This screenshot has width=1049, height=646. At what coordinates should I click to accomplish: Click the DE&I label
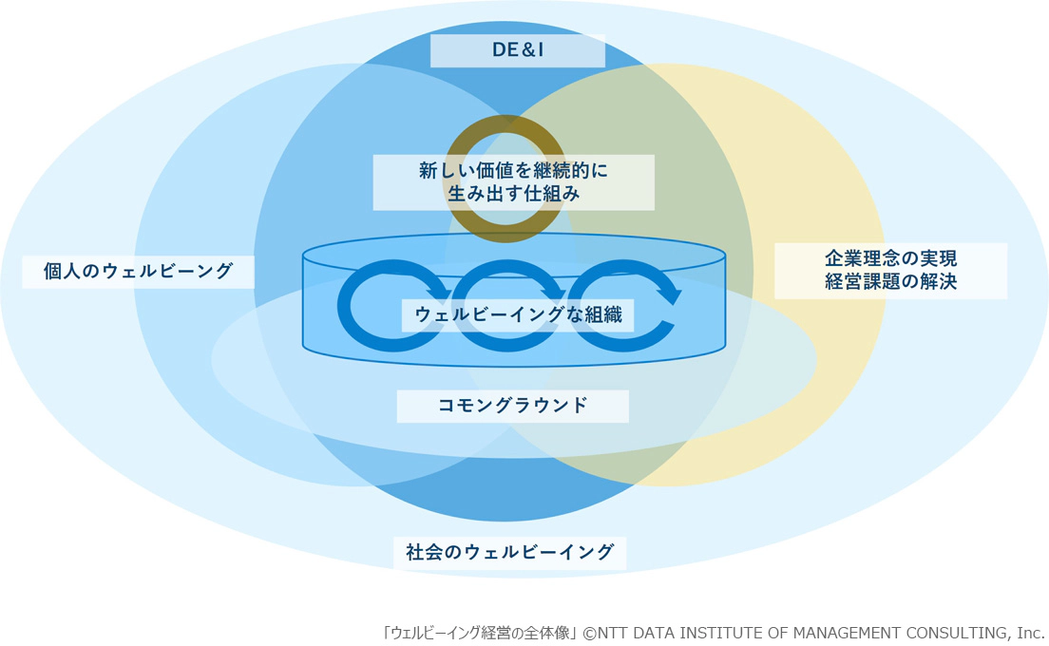tap(518, 50)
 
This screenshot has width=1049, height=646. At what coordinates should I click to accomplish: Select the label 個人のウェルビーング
tap(139, 272)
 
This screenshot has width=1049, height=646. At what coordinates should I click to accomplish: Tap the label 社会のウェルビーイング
tap(510, 551)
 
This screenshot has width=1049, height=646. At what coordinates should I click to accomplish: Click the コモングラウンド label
tap(513, 407)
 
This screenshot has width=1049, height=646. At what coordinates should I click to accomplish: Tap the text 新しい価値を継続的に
tap(513, 171)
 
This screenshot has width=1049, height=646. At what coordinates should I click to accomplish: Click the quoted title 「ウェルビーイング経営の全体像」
tap(481, 633)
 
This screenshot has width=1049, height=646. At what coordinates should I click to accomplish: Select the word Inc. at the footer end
tap(1030, 633)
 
